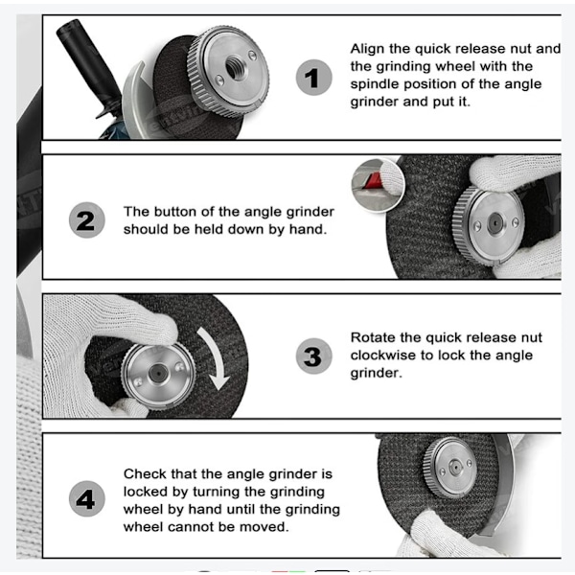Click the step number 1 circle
tap(314, 78)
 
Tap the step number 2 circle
tap(87, 220)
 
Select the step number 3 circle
tap(314, 356)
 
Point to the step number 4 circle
tap(87, 498)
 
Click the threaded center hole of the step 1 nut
tap(233, 67)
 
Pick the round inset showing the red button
tap(378, 185)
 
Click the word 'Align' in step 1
tap(367, 49)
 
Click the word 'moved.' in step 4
tap(264, 527)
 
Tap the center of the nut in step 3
tap(158, 374)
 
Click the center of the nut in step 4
tap(455, 468)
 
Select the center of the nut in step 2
tap(494, 222)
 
